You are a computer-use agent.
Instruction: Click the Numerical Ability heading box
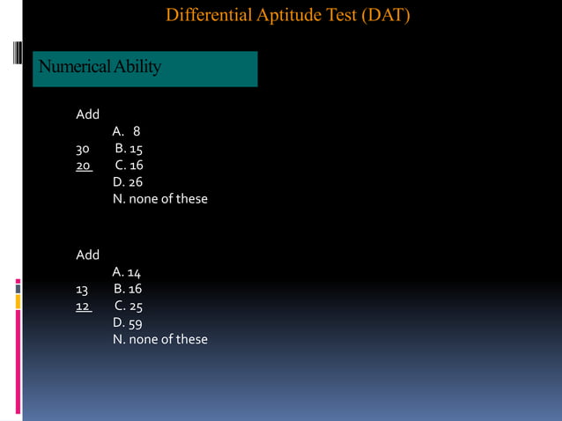pos(145,68)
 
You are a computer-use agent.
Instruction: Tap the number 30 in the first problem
pos(84,149)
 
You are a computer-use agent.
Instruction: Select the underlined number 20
pos(84,166)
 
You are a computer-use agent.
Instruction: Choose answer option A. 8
pos(126,132)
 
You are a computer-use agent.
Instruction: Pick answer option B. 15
pos(129,149)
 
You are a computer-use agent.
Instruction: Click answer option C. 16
pos(129,166)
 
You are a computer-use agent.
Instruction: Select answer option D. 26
pos(128,182)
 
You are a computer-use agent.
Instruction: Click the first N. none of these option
pos(160,199)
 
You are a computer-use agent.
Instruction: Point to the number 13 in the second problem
pos(83,289)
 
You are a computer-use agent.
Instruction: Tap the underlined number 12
pos(83,306)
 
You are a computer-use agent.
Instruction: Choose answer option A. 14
pos(127,272)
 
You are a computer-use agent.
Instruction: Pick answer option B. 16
pos(128,289)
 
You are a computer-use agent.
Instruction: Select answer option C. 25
pos(129,306)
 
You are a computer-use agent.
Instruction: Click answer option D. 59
pos(128,322)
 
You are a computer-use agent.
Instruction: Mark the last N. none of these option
pos(160,339)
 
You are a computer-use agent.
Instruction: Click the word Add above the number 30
pos(88,114)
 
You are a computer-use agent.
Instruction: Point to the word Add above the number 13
pos(88,255)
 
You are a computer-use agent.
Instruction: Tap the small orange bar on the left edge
pos(18,301)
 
